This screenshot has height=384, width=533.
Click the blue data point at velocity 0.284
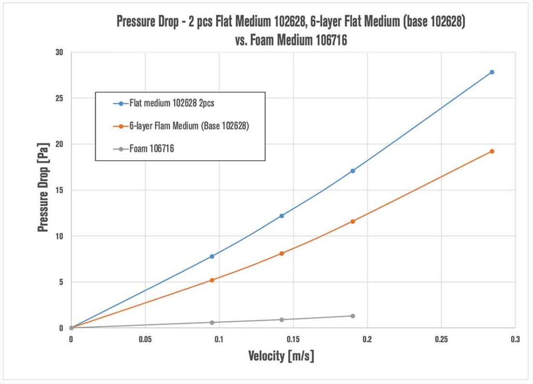click(491, 72)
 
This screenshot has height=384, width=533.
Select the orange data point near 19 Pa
click(491, 151)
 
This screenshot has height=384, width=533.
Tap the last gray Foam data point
click(352, 316)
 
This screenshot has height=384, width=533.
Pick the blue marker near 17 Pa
click(352, 170)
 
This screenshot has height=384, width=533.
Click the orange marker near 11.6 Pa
click(352, 221)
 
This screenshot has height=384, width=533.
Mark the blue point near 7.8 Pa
click(212, 256)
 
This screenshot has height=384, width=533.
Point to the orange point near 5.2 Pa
click(212, 280)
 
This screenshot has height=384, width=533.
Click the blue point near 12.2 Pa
click(282, 216)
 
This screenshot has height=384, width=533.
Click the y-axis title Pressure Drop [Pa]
click(43, 190)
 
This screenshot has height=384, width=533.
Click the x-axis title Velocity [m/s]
click(281, 356)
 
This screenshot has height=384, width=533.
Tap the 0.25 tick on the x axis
click(441, 339)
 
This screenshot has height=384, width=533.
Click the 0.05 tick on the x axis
click(145, 339)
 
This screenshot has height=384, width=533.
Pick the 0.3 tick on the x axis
click(515, 339)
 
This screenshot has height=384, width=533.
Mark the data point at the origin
click(71, 328)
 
